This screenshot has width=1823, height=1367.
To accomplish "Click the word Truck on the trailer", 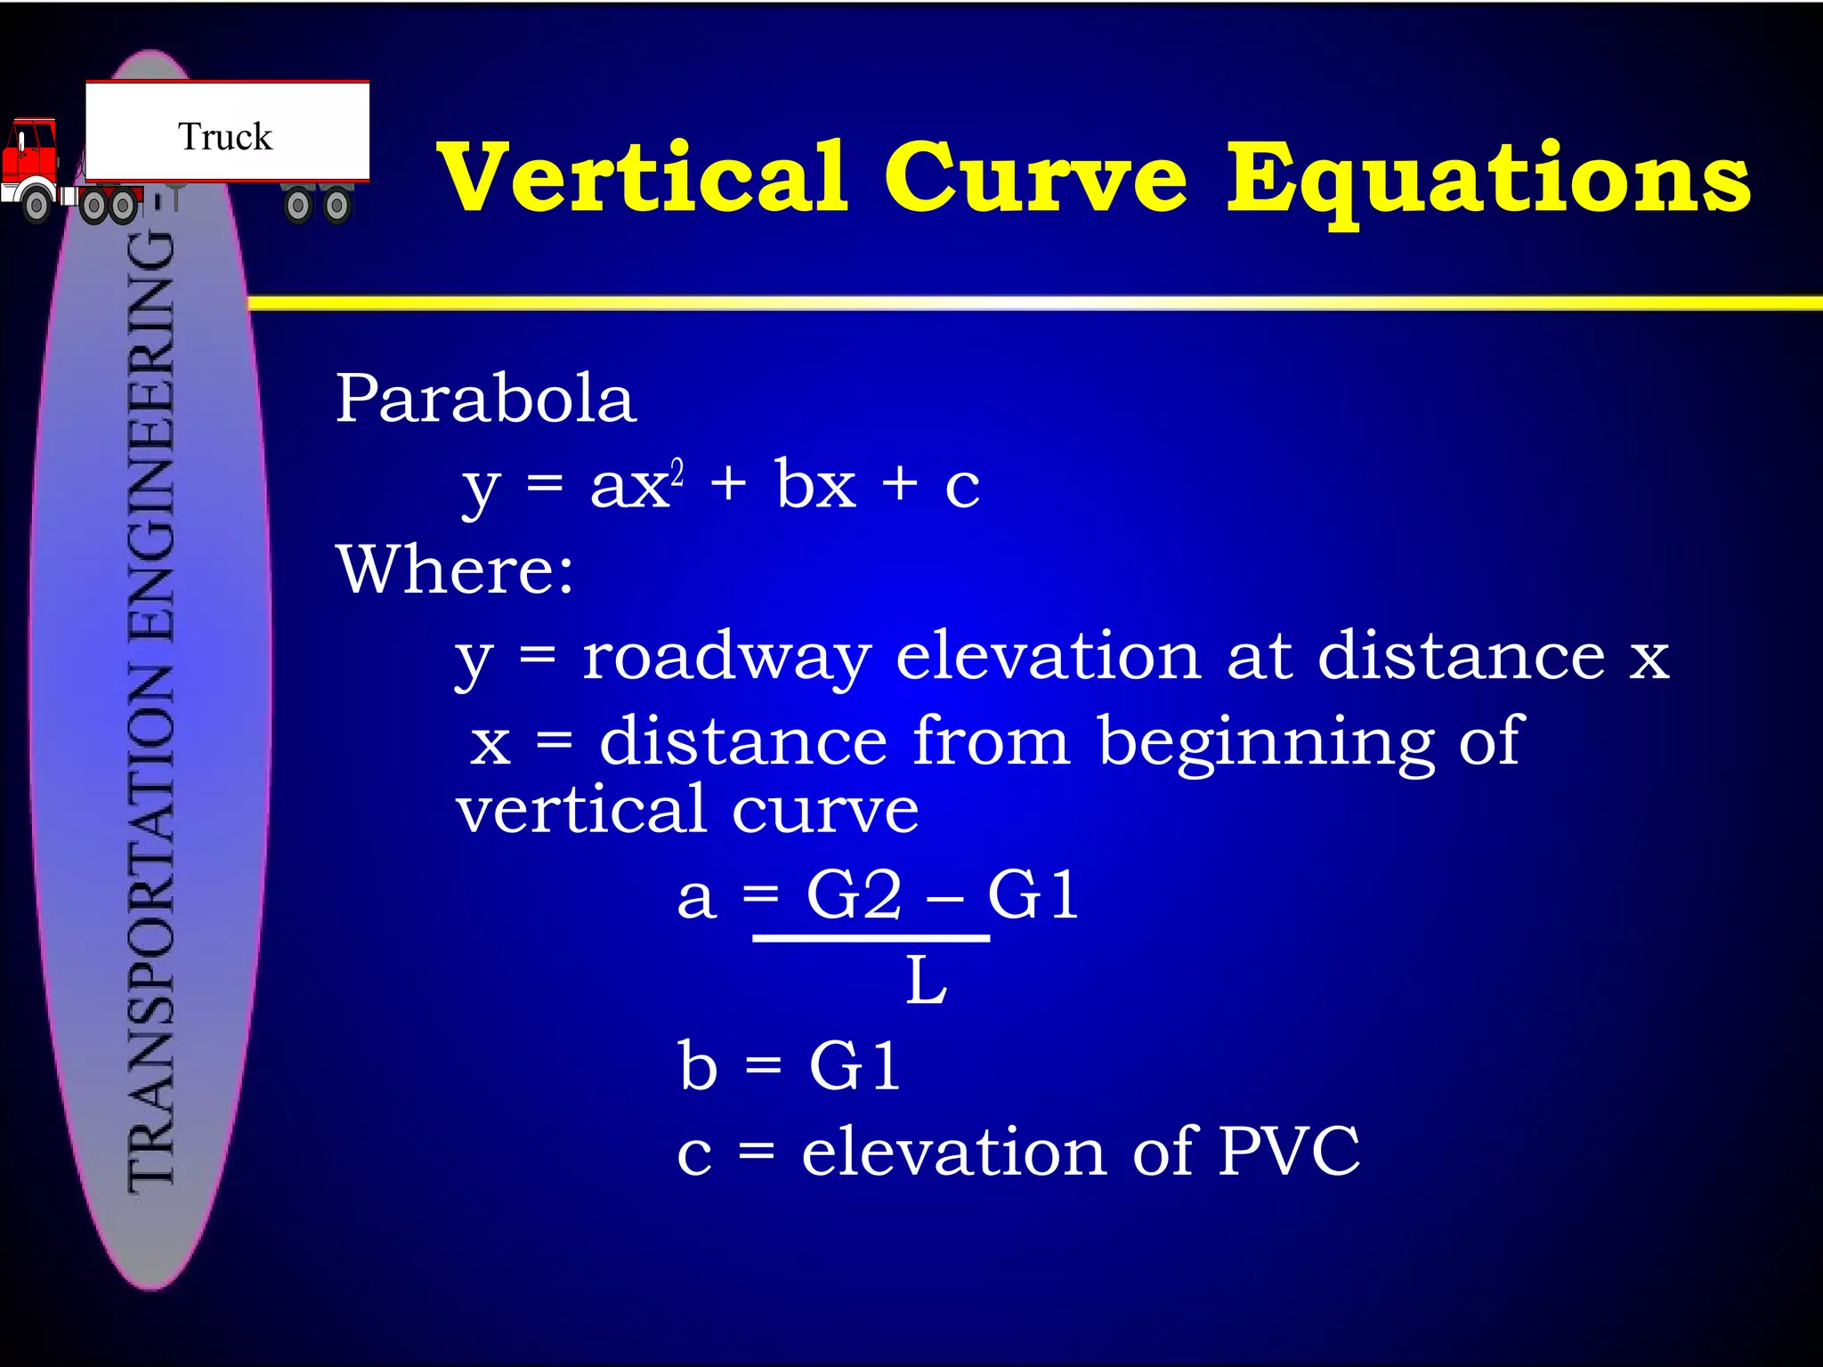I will tap(225, 137).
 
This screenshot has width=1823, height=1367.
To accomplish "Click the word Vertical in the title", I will tap(642, 178).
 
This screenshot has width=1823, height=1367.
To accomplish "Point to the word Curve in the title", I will tap(1035, 178).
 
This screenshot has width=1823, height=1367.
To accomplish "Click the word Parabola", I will tap(486, 398).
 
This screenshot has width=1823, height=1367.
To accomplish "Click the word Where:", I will tap(455, 569).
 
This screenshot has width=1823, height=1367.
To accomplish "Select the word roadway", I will tap(725, 658).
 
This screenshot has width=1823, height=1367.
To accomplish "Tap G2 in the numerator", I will tap(854, 894).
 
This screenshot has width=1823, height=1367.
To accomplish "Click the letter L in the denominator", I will tap(926, 982).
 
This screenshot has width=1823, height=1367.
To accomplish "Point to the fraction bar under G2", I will tap(871, 938).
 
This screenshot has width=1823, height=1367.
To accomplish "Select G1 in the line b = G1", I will tap(855, 1065).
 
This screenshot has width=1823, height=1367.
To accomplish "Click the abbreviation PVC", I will tap(1288, 1152).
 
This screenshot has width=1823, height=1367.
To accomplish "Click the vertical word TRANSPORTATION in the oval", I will tap(151, 926).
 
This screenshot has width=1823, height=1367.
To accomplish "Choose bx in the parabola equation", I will tap(814, 485).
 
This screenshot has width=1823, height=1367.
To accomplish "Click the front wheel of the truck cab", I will tap(36, 206).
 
